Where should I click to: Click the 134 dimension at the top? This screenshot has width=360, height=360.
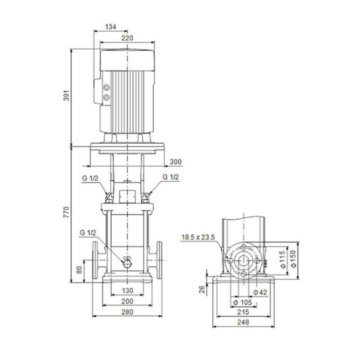pyautogui.click(x=110, y=27)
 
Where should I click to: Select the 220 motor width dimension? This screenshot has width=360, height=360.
pyautogui.click(x=127, y=38)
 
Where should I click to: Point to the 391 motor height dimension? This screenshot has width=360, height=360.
pyautogui.click(x=67, y=96)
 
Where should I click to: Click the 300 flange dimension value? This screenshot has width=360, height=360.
pyautogui.click(x=175, y=162)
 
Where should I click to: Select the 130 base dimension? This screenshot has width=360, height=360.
pyautogui.click(x=127, y=290)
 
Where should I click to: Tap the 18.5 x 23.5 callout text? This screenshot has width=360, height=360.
pyautogui.click(x=198, y=238)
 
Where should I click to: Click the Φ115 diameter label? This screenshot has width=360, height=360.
pyautogui.click(x=282, y=260)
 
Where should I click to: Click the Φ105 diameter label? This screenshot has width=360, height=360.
pyautogui.click(x=242, y=302)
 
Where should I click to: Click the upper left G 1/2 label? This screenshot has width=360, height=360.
pyautogui.click(x=90, y=177)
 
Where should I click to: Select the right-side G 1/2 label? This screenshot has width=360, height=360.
pyautogui.click(x=171, y=177)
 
